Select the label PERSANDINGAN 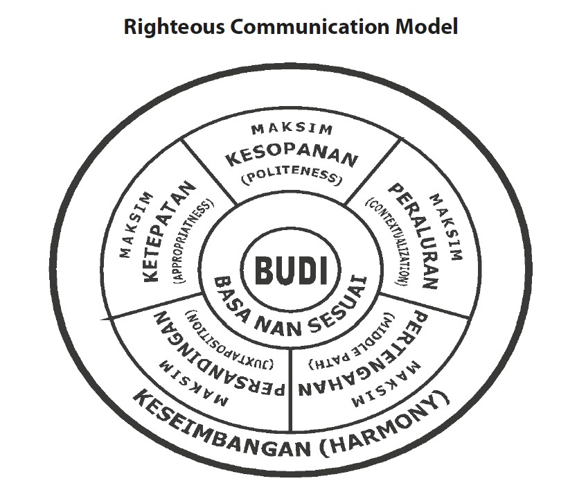(x=213, y=360)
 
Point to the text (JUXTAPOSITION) (x=230, y=336)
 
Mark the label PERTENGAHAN (x=368, y=360)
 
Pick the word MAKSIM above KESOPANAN (x=292, y=129)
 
